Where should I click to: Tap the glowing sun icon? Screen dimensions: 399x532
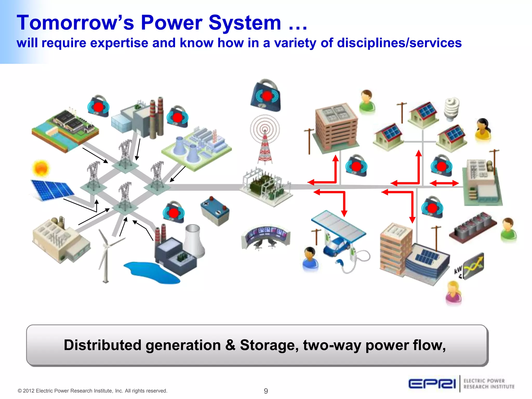(x=41, y=168)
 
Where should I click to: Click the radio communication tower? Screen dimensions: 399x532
(x=265, y=140)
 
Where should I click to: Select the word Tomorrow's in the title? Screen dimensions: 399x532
(x=75, y=23)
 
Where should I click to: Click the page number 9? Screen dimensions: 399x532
(x=266, y=391)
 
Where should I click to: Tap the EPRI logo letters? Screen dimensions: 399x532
(x=432, y=384)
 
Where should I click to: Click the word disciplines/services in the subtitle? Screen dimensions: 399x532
(x=399, y=43)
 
